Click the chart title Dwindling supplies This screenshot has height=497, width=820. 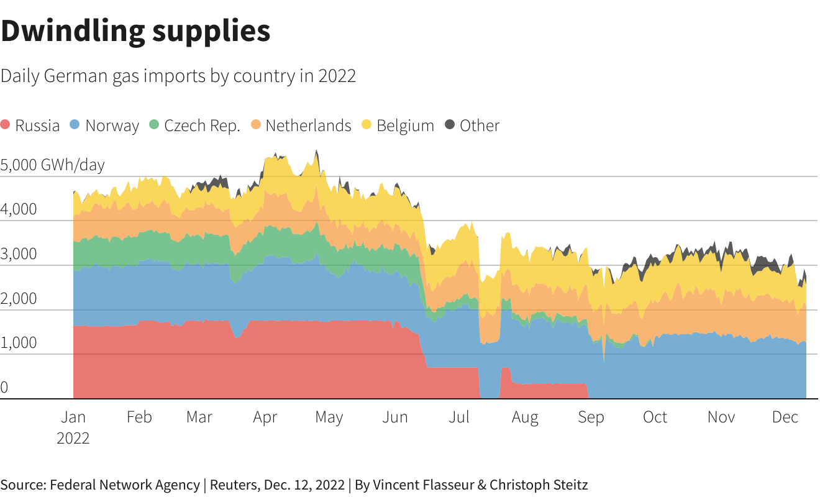pos(135,30)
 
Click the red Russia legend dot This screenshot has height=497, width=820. pos(6,125)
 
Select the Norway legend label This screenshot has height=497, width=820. pos(112,125)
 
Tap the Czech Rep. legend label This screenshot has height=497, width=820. pos(202,125)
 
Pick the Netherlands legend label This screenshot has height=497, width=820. pos(308,125)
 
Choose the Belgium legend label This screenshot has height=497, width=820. pos(405,125)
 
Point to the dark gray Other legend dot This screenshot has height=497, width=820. pos(450,125)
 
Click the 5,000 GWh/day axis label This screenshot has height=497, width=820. pos(53,165)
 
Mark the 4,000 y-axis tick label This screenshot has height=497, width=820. pos(19,209)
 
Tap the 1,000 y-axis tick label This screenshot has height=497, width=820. pos(19,343)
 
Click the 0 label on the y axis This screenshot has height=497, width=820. pos(4,388)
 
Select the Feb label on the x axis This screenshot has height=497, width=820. pos(139,417)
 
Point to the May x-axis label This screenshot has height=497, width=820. pos(329,417)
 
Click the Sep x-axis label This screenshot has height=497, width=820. pos(590,417)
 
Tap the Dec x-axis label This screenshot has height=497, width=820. pos(785,417)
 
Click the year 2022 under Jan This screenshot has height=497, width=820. pos(73,438)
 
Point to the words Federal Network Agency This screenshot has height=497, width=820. pos(125,485)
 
